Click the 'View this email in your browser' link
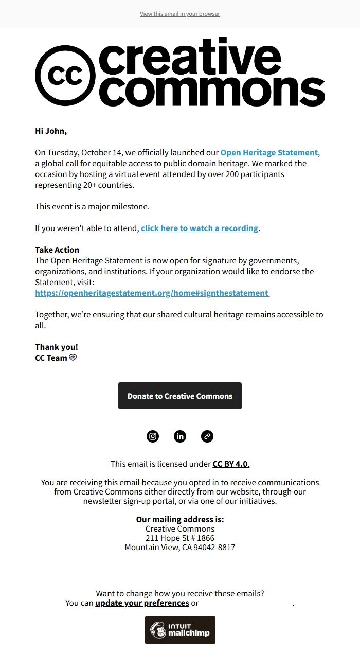(180, 14)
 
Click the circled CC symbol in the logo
(65, 76)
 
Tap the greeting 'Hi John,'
(51, 131)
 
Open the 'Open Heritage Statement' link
(269, 152)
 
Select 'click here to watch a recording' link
(200, 228)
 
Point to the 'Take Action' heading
(57, 250)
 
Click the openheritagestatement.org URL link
(152, 293)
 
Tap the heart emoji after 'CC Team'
(73, 358)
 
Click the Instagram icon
(153, 436)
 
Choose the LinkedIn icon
(180, 436)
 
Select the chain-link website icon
(207, 436)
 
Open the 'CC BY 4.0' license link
(230, 464)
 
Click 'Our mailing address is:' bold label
(180, 519)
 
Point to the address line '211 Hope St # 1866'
(180, 538)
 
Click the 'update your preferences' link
(142, 603)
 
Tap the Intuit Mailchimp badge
(180, 630)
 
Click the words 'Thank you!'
(57, 347)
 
